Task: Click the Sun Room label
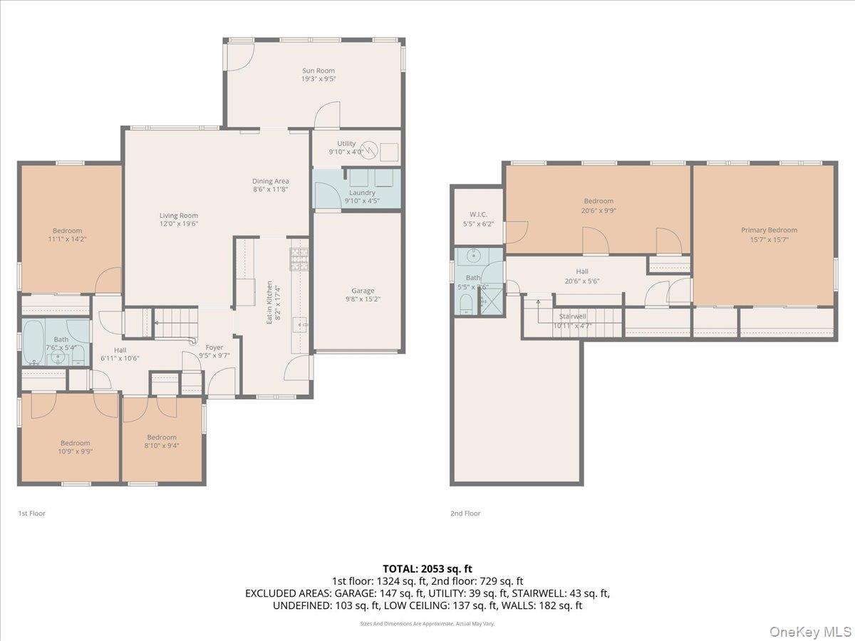pyautogui.click(x=318, y=71)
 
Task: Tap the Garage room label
pyautogui.click(x=363, y=291)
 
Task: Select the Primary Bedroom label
pyautogui.click(x=769, y=230)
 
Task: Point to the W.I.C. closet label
pyautogui.click(x=478, y=214)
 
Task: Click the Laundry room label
pyautogui.click(x=362, y=192)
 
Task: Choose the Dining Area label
pyautogui.click(x=270, y=181)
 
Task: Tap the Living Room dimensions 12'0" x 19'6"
pyautogui.click(x=178, y=224)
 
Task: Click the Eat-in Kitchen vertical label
pyautogui.click(x=269, y=303)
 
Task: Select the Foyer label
pyautogui.click(x=214, y=347)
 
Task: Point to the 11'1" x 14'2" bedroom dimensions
pyautogui.click(x=67, y=239)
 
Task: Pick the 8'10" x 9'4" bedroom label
pyautogui.click(x=162, y=437)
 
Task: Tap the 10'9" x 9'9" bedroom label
pyautogui.click(x=75, y=443)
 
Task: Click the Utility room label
pyautogui.click(x=346, y=143)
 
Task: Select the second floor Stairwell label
pyautogui.click(x=573, y=316)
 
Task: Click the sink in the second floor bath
pyautogui.click(x=472, y=256)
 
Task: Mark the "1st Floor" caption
pyautogui.click(x=31, y=513)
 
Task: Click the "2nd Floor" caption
pyautogui.click(x=465, y=513)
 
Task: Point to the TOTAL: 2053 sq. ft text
pyautogui.click(x=427, y=568)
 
